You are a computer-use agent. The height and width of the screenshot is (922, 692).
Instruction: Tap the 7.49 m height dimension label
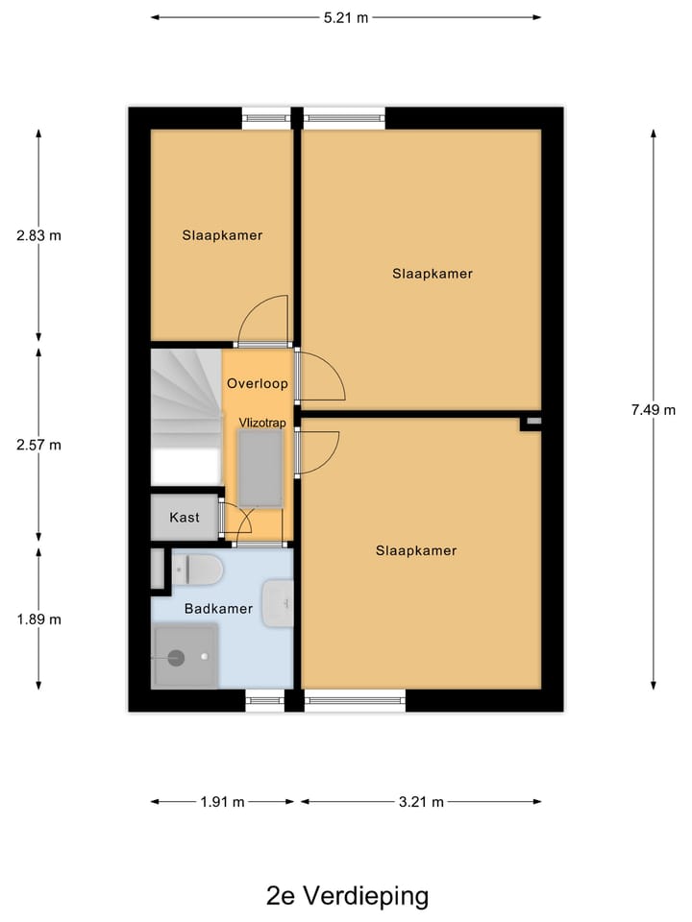(654, 409)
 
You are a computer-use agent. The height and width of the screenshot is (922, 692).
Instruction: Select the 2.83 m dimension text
(38, 235)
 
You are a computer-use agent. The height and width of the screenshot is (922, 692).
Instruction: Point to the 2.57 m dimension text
(38, 445)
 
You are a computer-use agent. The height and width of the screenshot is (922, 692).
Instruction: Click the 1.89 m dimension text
(38, 619)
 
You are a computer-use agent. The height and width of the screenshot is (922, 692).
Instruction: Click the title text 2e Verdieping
(347, 896)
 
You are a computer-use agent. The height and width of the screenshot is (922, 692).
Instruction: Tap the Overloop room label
(258, 384)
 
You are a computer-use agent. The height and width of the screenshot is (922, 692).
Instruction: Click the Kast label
(185, 518)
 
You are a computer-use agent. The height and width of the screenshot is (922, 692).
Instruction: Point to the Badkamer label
(219, 609)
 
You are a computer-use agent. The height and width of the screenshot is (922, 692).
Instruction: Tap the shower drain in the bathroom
(176, 658)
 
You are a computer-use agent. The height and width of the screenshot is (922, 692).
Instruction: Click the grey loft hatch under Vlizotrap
(260, 467)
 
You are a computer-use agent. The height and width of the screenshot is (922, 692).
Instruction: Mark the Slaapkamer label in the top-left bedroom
(222, 235)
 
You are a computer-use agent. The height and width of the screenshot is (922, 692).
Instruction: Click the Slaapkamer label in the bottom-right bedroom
(416, 551)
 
